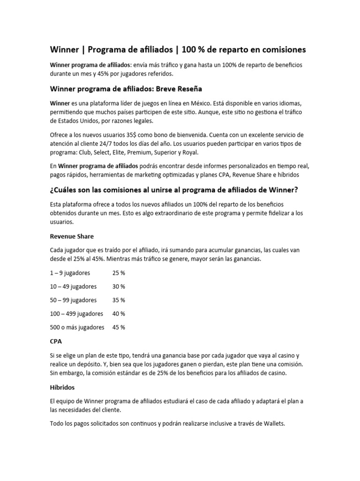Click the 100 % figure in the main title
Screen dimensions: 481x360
[193, 49]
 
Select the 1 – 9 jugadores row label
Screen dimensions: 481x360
[70, 272]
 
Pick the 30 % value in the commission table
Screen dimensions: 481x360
[119, 286]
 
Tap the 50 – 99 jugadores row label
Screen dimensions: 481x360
[73, 300]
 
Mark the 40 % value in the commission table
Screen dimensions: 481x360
[119, 313]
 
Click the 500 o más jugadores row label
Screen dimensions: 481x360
[77, 327]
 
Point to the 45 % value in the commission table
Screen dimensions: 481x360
[119, 327]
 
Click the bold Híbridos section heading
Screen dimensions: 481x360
[62, 388]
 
